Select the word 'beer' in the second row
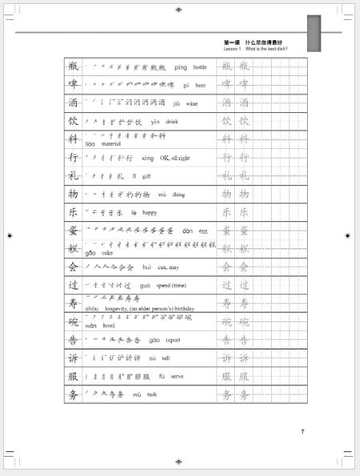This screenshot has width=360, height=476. point(200,85)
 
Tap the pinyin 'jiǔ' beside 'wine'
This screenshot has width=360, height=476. point(176,103)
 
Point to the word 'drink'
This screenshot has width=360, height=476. point(172,122)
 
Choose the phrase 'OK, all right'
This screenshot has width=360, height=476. point(175,158)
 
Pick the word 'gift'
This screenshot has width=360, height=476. point(147,175)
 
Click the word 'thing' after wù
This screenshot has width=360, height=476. point(178,194)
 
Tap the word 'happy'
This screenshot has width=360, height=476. point(150,212)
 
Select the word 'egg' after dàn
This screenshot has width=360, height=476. point(203,231)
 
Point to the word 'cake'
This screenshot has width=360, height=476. point(107,252)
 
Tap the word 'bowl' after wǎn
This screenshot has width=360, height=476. point(109,326)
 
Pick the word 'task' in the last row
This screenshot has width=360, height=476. point(152,394)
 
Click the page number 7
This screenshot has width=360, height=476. point(302,433)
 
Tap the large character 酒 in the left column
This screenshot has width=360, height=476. point(74,103)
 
